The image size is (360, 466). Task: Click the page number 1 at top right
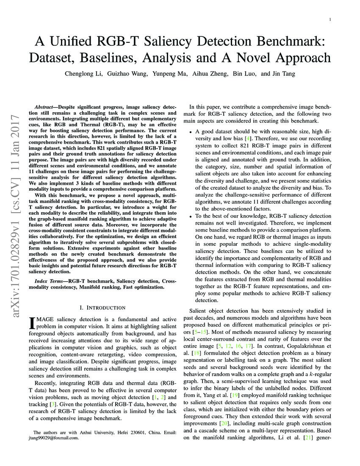point(330,20)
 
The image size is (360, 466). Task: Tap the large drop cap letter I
point(31,324)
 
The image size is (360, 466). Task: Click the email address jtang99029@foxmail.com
point(53,438)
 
